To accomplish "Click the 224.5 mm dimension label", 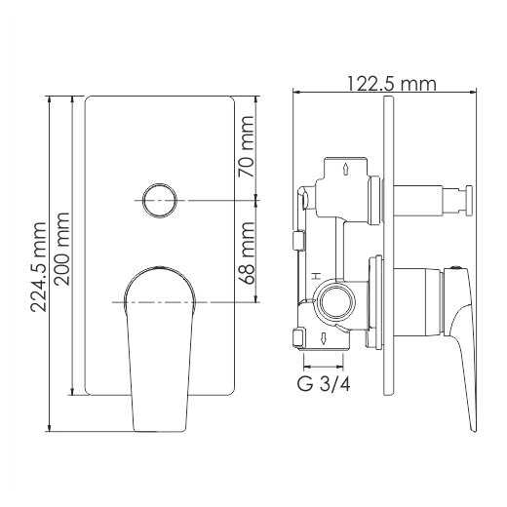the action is [38, 267].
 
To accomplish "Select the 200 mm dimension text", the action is [61, 249].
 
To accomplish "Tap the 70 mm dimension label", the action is [246, 146].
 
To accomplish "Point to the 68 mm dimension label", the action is [246, 253].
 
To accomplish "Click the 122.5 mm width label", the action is [391, 84].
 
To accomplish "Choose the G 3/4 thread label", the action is [324, 384].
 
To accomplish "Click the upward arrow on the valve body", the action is [346, 170].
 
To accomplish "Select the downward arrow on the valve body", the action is [324, 338].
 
